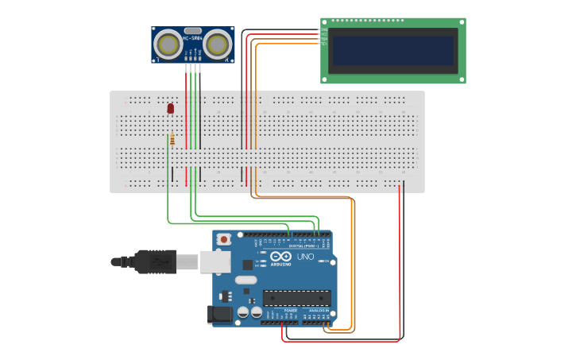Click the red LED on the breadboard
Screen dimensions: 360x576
171,108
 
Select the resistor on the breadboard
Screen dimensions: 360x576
172,140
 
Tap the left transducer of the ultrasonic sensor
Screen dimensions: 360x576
168,45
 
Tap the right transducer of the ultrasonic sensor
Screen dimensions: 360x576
217,45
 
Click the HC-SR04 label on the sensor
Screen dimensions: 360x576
192,37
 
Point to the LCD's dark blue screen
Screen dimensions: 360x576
393,50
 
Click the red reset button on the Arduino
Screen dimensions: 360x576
225,238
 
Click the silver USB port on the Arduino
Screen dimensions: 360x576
215,261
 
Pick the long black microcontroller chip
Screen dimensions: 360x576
297,298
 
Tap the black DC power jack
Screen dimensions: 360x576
220,315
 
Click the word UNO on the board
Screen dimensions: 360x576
305,257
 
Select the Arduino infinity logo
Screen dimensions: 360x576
280,256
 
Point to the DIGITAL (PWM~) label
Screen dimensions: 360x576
303,246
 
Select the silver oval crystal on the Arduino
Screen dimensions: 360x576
246,280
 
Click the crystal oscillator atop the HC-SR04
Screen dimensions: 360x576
192,30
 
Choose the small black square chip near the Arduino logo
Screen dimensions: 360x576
247,264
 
